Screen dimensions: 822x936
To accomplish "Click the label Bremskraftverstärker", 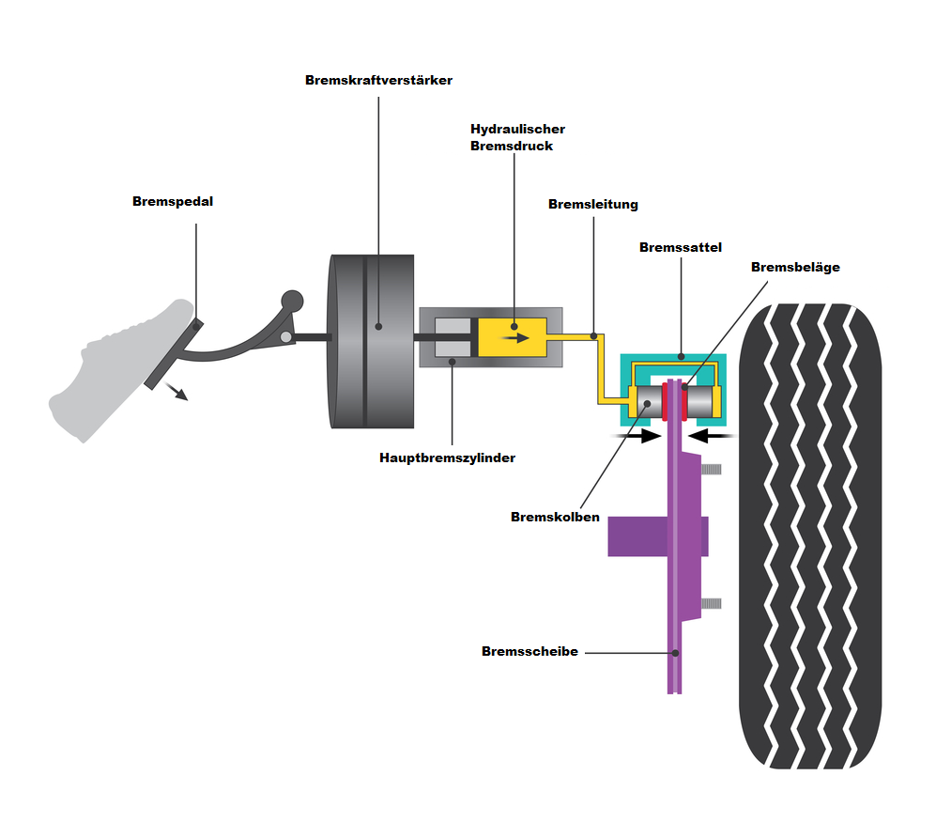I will click(x=378, y=81).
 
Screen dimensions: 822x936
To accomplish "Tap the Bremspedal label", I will click(x=173, y=201).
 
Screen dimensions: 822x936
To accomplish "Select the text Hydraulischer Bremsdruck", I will click(x=517, y=137).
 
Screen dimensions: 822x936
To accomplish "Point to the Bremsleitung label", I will click(x=593, y=204).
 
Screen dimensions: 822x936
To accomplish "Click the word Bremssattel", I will click(x=679, y=247).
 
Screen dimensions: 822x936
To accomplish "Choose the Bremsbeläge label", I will click(x=795, y=267).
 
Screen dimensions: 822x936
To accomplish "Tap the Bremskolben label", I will click(x=555, y=517).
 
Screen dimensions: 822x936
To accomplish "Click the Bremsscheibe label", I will click(x=529, y=651).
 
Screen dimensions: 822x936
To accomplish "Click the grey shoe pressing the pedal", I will click(x=108, y=371).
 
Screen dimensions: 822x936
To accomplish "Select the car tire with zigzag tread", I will click(x=810, y=535).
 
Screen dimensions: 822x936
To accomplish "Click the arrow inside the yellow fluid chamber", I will click(x=515, y=338).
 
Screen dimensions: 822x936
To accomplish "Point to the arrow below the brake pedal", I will click(x=176, y=392).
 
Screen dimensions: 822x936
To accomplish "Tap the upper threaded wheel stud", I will click(x=711, y=468).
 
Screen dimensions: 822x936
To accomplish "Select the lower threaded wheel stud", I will click(x=711, y=602).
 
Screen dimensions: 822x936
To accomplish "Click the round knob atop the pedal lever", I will click(x=292, y=301).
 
